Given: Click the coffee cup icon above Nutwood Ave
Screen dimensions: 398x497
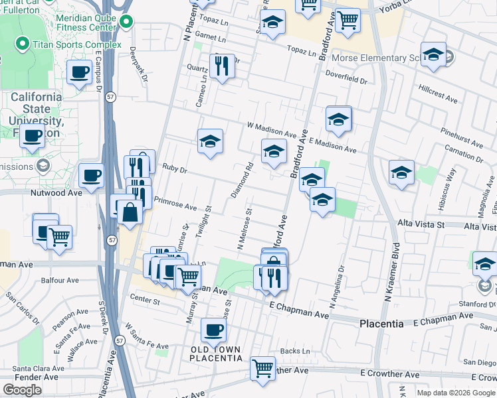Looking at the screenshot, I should click(x=91, y=176).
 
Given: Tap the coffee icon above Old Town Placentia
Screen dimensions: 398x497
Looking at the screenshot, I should click(x=214, y=330).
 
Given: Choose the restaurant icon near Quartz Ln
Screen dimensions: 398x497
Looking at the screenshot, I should click(x=221, y=66).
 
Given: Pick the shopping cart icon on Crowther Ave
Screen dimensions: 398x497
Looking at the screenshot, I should click(x=263, y=367).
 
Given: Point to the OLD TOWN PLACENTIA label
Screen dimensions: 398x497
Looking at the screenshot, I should click(x=216, y=354).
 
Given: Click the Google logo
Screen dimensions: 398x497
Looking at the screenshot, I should click(x=22, y=390).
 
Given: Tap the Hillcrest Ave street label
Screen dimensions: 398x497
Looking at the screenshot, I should click(x=439, y=94).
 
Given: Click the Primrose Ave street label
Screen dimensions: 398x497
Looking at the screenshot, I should click(x=175, y=203).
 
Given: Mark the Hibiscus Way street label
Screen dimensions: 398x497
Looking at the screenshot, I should click(x=452, y=184).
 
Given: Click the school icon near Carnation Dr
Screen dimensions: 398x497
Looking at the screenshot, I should click(x=401, y=173).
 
